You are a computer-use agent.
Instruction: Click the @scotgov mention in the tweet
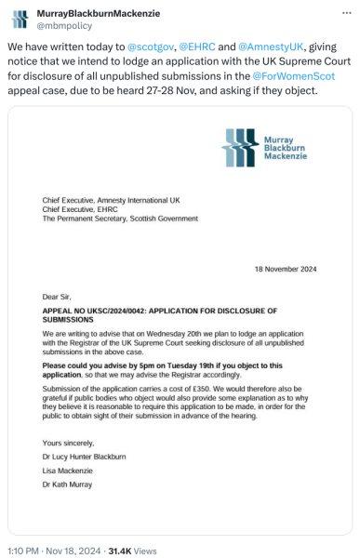(150, 46)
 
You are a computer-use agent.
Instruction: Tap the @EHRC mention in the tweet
(198, 46)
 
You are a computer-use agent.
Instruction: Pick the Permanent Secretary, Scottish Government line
(119, 219)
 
